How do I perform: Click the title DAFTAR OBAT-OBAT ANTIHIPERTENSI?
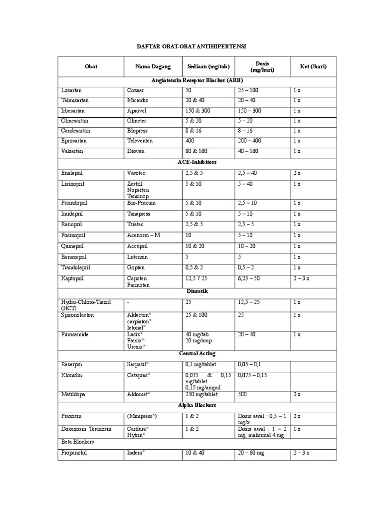point(192,46)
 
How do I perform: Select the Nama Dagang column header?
point(153,66)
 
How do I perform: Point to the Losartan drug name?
point(71,90)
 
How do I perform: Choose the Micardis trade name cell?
point(138,100)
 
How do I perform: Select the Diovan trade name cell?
point(136,151)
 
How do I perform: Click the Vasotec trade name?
point(138,173)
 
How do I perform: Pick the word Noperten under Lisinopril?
point(139,190)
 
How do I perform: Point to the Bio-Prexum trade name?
point(142,203)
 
